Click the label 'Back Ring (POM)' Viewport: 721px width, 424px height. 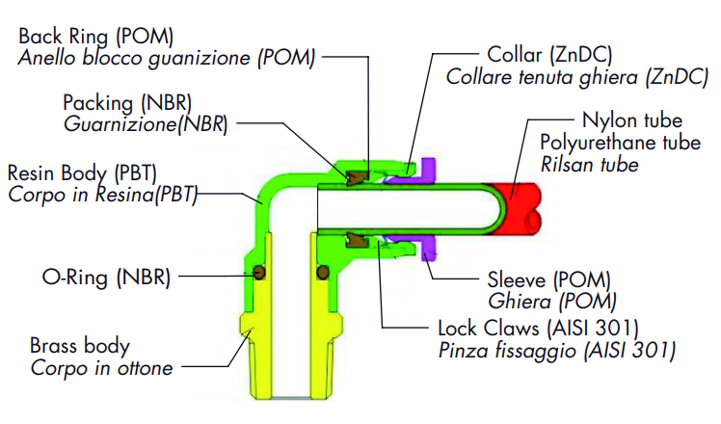(x=95, y=37)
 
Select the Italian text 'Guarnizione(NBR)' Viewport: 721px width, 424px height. (x=146, y=124)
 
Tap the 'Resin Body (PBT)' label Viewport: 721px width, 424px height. (x=82, y=172)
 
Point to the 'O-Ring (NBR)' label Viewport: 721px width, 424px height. (x=106, y=278)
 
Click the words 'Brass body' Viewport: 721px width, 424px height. (x=80, y=346)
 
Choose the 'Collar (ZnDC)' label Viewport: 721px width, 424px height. (x=549, y=55)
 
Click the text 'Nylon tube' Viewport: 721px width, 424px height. (x=632, y=120)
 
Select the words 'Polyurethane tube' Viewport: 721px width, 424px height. (x=621, y=143)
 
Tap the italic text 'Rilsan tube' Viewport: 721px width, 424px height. (x=590, y=165)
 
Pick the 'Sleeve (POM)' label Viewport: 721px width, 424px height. (x=549, y=279)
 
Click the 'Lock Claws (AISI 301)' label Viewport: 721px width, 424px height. (x=539, y=329)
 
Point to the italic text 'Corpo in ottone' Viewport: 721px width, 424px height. (x=101, y=368)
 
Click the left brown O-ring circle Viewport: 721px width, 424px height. (x=260, y=273)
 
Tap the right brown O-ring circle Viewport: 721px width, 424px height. (x=323, y=273)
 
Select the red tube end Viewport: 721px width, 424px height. (x=518, y=208)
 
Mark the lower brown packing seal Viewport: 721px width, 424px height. (x=357, y=240)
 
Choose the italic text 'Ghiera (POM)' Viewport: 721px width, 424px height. (x=551, y=302)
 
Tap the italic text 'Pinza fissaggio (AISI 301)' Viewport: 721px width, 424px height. (x=557, y=351)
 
